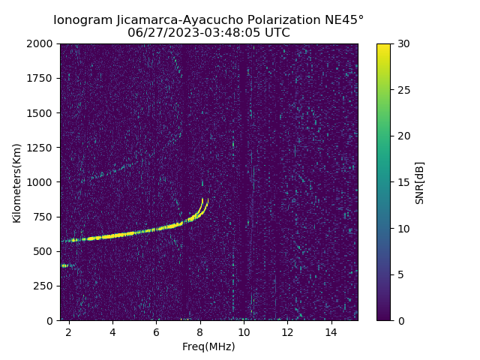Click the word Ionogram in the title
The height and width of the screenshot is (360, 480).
pyautogui.click(x=82, y=20)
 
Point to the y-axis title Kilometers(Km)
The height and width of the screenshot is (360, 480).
pyautogui.click(x=16, y=182)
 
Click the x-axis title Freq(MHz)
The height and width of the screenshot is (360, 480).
pyautogui.click(x=208, y=346)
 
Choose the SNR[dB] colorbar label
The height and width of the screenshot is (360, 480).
pyautogui.click(x=420, y=182)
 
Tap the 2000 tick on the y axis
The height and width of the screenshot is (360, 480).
pyautogui.click(x=42, y=43)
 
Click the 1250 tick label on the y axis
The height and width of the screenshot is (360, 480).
pyautogui.click(x=42, y=148)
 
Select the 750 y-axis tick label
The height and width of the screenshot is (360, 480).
pyautogui.click(x=45, y=217)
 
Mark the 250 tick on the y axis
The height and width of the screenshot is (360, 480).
pyautogui.click(x=45, y=286)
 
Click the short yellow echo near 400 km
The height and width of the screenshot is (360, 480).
pyautogui.click(x=64, y=265)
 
